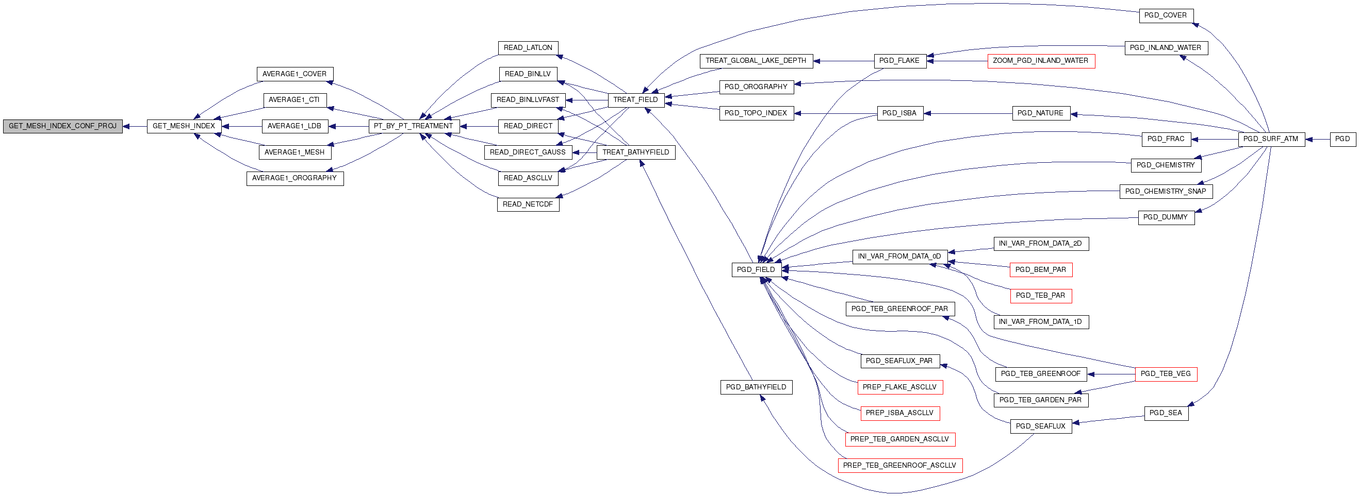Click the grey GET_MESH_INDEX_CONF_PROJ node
[63, 127]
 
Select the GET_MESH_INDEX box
[184, 127]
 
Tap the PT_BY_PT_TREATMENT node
[414, 127]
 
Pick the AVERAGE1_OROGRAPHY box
[295, 178]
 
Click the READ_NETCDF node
[528, 204]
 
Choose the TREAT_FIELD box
[636, 100]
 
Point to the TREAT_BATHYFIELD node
[636, 152]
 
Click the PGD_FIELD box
[756, 270]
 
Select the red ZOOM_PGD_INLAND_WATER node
[1041, 61]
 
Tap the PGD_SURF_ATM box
[1271, 140]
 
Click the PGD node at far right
[1342, 140]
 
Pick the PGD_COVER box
[1166, 16]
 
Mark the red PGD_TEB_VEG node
[1166, 374]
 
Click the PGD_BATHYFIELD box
[757, 387]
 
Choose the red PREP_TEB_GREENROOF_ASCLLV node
[900, 466]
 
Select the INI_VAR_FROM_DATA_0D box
[899, 256]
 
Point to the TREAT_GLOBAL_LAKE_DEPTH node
[756, 61]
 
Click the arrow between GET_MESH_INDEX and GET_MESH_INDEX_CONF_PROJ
[135, 127]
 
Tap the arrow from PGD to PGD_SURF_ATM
[1317, 140]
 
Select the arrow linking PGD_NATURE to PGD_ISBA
[968, 113]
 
